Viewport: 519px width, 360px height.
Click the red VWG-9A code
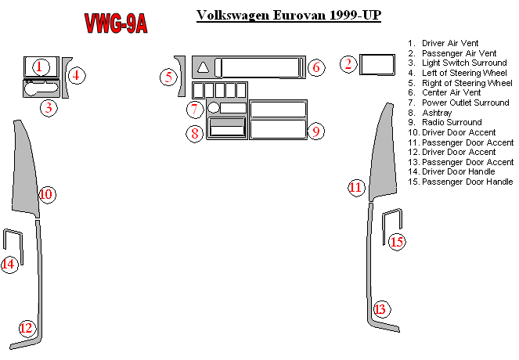(116, 23)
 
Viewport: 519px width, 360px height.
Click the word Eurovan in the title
(300, 15)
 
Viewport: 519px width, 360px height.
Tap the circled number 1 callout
(41, 67)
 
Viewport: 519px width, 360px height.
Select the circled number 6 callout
(316, 67)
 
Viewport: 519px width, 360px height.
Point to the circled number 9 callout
(316, 131)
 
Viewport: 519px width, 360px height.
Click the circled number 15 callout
(397, 242)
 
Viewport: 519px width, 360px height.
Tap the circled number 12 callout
(27, 328)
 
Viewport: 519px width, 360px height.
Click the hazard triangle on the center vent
(204, 67)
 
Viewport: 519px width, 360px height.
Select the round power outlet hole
(214, 107)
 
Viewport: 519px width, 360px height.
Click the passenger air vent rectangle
(377, 64)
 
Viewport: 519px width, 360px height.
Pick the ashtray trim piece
(227, 128)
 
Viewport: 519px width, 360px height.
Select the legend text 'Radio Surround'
(452, 122)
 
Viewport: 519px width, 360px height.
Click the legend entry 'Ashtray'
(437, 113)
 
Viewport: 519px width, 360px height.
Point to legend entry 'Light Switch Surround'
(464, 63)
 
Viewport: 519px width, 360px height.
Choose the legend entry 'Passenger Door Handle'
(467, 182)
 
